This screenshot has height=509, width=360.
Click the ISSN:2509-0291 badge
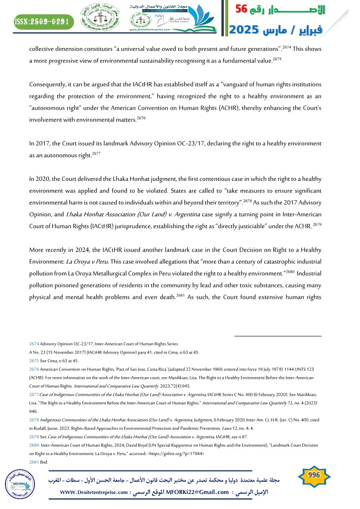(x=43, y=21)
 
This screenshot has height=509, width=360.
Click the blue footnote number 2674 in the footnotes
(x=34, y=344)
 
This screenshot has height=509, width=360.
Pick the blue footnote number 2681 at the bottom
(x=34, y=462)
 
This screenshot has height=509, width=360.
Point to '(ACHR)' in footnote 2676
(x=38, y=377)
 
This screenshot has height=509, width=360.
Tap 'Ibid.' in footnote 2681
(x=45, y=462)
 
